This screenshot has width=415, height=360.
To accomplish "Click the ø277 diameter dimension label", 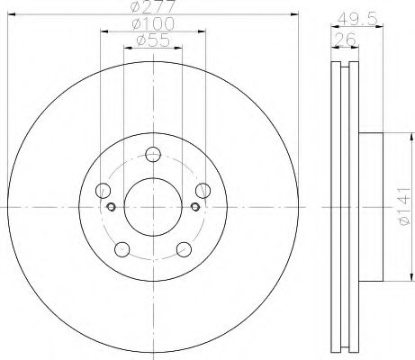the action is pyautogui.click(x=153, y=6).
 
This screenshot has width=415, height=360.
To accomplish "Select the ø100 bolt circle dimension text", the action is pyautogui.click(x=153, y=23).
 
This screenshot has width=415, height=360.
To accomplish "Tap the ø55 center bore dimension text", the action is pyautogui.click(x=153, y=40).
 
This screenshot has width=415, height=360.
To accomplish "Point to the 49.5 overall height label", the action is pyautogui.click(x=356, y=20).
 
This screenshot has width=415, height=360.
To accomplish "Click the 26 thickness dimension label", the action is pyautogui.click(x=345, y=40).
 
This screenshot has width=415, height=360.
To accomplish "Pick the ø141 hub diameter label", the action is pyautogui.click(x=404, y=206).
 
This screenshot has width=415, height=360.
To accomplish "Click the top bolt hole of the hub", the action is pyautogui.click(x=153, y=155).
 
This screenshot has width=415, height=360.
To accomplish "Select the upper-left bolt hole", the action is pyautogui.click(x=103, y=190).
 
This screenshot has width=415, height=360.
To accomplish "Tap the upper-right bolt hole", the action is pyautogui.click(x=203, y=190).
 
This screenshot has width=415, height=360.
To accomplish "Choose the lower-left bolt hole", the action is pyautogui.click(x=122, y=249).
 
